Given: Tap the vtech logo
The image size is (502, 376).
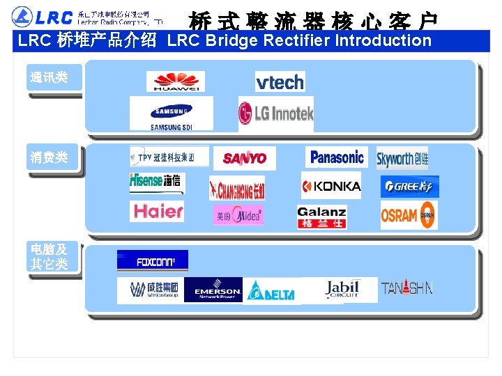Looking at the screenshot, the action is coord(280,82).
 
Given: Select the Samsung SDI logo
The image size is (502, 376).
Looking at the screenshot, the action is coord(171,113).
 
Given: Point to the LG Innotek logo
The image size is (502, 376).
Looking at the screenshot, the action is coord(276,113).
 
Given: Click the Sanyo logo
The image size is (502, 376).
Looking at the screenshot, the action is coord(244,158).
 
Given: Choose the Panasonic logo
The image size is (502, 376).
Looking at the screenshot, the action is coord(337,157).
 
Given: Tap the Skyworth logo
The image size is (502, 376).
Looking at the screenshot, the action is coord(402,158).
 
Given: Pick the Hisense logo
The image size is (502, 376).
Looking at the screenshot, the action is coord(155,182).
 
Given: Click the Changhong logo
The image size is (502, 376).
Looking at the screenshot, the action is coord(237,188).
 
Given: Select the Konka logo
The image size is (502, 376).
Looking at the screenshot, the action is coord(331,186).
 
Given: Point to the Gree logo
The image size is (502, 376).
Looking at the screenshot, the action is coord(409,187).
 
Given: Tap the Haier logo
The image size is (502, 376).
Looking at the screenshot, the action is coord(157,211).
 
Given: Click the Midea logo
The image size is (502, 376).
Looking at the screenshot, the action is coord(238,216).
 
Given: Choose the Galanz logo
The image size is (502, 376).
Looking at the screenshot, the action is coord(321,217).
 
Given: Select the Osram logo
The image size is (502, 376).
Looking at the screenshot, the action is coord(409,216).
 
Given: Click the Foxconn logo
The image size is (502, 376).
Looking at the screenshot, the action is coord(152,263).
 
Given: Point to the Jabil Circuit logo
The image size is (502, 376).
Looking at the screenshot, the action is coord(342,290).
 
